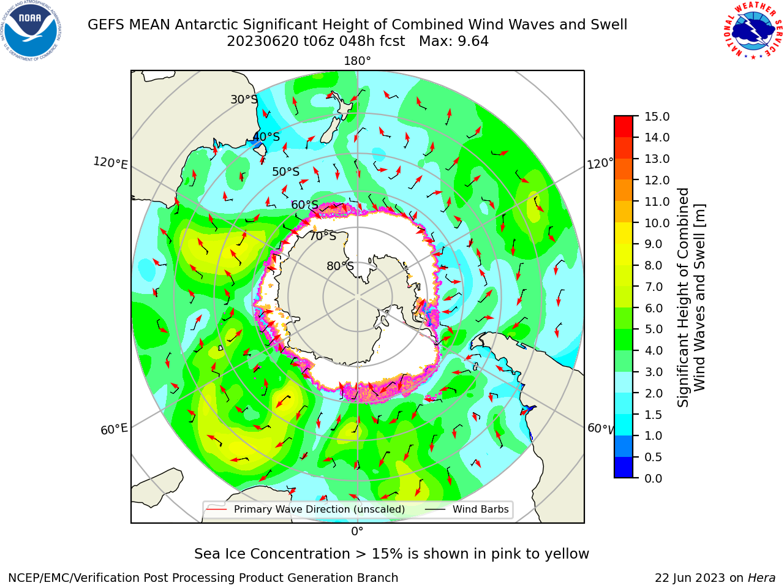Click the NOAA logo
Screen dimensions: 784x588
[x=31, y=31]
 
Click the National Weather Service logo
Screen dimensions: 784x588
[x=753, y=31]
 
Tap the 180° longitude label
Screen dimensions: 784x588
[x=357, y=61]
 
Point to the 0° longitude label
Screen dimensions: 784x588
[x=357, y=531]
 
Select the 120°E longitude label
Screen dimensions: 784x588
[x=110, y=163]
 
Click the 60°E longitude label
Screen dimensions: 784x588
[x=114, y=429]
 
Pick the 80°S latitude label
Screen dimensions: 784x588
[x=340, y=266]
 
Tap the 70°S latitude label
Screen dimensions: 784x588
[x=323, y=236]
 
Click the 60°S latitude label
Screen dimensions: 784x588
[x=304, y=205]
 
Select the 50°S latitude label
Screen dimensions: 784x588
[x=286, y=171]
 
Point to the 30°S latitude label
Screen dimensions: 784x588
[x=244, y=99]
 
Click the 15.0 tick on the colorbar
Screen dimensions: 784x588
[x=657, y=116]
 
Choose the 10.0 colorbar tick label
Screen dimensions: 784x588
[x=657, y=223]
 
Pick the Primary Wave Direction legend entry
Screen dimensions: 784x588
[x=306, y=509]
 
